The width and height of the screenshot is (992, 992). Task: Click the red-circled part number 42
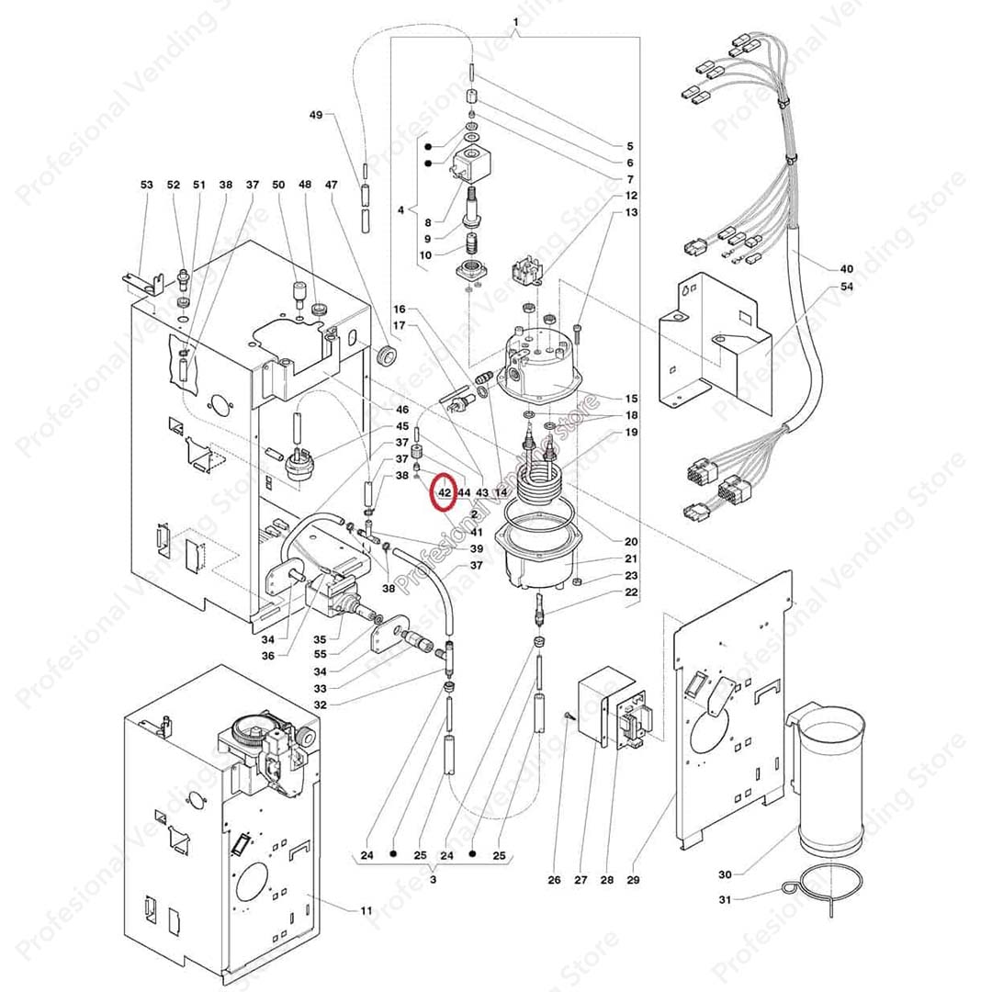(x=445, y=492)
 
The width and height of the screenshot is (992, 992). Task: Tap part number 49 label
(x=315, y=115)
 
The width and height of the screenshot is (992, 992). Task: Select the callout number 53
(x=147, y=185)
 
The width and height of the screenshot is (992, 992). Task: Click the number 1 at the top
(x=515, y=21)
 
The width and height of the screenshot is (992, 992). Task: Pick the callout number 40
(x=846, y=269)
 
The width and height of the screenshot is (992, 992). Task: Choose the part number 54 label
(x=846, y=287)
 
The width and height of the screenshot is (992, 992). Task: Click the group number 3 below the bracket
(x=433, y=881)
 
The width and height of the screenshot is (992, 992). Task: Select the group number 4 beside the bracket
(x=400, y=210)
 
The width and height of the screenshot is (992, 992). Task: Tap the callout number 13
(x=631, y=212)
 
